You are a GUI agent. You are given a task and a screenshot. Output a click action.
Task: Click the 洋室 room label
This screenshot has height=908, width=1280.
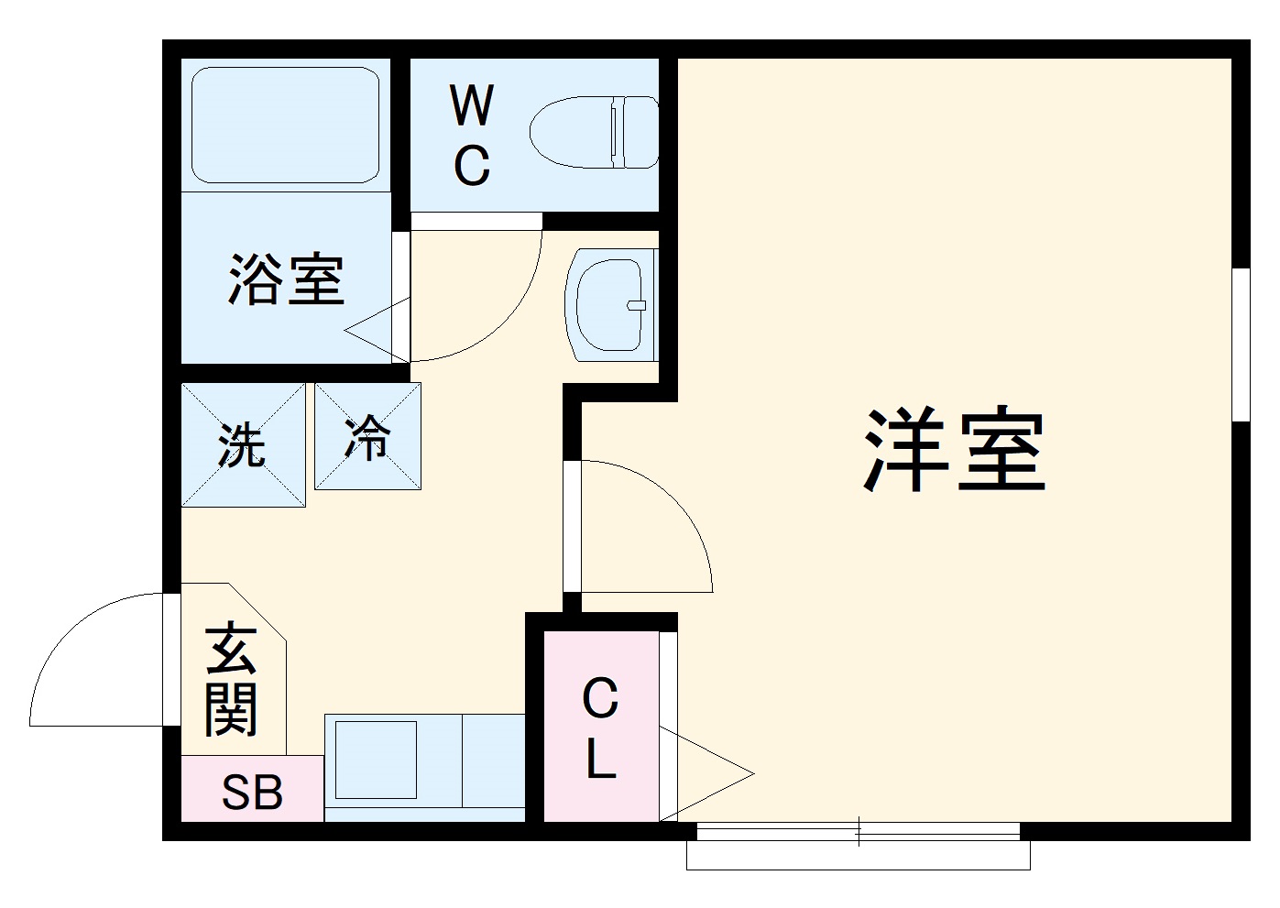coord(954,450)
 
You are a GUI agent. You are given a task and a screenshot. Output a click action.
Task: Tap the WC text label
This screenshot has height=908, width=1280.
coord(472,135)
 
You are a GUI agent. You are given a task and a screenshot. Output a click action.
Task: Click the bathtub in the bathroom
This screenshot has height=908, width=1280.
coord(285,124)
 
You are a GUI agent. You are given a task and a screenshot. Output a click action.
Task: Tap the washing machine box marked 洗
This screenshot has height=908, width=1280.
coord(243,445)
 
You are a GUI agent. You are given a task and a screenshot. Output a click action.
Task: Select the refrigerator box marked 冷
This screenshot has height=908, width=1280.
coord(368,436)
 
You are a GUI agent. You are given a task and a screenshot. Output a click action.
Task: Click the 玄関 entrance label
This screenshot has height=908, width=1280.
coord(230,680)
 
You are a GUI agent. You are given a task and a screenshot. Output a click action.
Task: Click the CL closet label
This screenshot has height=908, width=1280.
coord(600,727)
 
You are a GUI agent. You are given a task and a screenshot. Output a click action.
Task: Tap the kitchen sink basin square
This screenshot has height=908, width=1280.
coord(377,760)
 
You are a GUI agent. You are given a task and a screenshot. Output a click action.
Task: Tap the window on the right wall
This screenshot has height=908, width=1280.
coord(1241,344)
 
